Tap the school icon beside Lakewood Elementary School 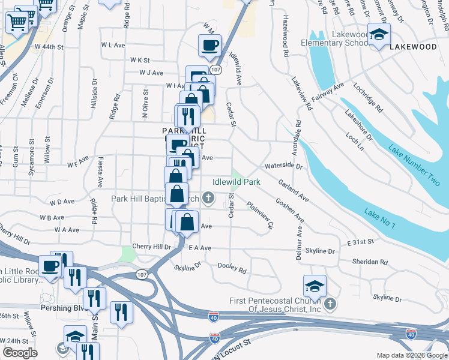(379, 35)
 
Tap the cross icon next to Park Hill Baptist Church (208, 198)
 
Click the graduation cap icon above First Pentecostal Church (315, 286)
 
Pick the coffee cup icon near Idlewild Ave (209, 45)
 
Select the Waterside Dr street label (283, 166)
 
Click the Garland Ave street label (293, 193)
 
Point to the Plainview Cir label (261, 215)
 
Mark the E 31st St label (360, 241)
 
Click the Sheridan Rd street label (370, 262)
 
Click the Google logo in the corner (20, 353)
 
